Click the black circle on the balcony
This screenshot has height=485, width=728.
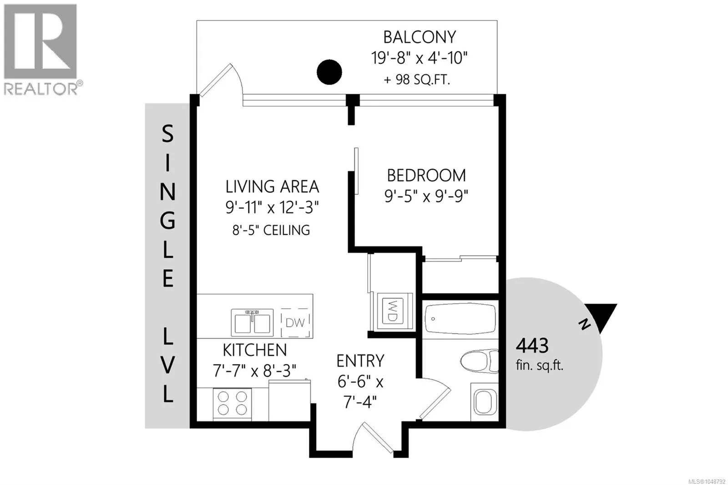click(329, 72)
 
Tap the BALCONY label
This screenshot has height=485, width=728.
click(420, 37)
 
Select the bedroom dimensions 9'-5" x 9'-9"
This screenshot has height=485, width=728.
click(426, 196)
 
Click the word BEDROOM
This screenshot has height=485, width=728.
click(426, 176)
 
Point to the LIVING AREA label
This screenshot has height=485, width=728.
click(272, 187)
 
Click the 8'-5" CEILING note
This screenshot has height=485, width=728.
click(271, 230)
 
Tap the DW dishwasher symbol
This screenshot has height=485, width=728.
click(295, 323)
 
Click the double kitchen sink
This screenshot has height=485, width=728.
click(252, 323)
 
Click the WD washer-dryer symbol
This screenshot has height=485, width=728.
click(392, 311)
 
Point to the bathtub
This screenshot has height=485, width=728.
click(460, 318)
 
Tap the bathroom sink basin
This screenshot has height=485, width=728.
click(485, 402)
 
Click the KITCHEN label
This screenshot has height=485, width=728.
click(254, 350)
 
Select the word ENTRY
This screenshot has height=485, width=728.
click(360, 361)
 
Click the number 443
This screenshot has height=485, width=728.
click(532, 345)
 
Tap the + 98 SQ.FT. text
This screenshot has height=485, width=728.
click(417, 80)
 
